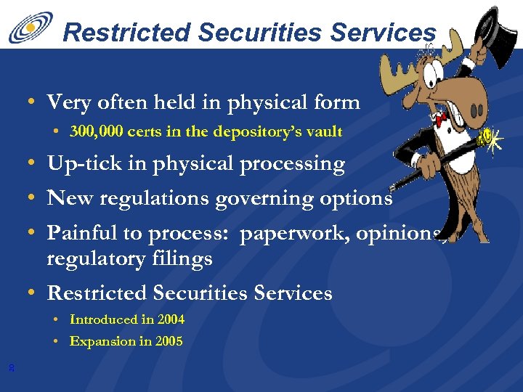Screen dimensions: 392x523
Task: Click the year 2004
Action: click(x=171, y=319)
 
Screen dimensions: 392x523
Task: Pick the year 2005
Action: click(x=169, y=341)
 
